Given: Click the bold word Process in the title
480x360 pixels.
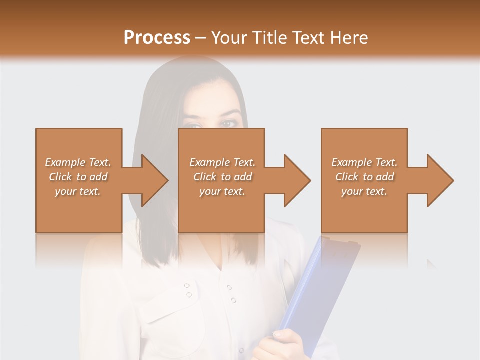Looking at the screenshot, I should pos(157,37).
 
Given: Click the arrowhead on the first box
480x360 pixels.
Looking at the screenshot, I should pos(150,180).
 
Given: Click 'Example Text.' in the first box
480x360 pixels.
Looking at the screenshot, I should pos(78,162).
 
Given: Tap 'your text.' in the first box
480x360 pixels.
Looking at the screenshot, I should pos(78,191).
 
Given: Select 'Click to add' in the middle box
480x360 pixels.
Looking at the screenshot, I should pos(222,177).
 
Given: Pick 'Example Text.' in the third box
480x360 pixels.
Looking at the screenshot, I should pos(364,162).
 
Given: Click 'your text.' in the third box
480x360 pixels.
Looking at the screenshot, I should pos(364,191).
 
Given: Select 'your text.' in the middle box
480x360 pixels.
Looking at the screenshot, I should pos(222,191).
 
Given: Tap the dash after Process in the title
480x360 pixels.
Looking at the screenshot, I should pos(200,38).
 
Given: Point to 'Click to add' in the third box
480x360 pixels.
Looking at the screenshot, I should pos(364,177).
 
